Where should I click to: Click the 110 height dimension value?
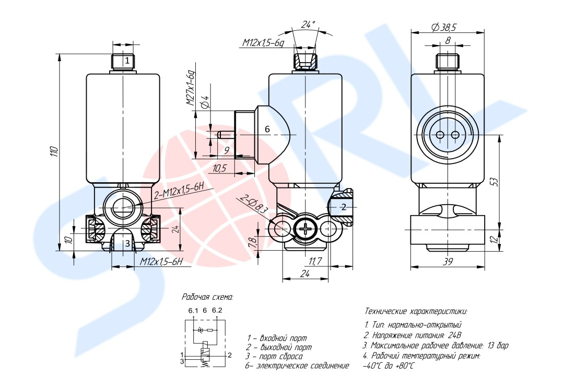[53, 152]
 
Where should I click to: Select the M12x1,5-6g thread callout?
[263, 43]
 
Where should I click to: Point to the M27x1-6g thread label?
[191, 88]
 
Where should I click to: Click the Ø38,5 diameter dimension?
[444, 28]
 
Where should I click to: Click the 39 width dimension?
[448, 262]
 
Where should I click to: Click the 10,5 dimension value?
[220, 168]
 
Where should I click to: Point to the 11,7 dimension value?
[315, 261]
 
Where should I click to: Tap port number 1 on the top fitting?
[127, 61]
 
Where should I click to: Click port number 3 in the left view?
[127, 243]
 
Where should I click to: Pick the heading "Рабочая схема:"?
[207, 297]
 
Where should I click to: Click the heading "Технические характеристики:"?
[416, 311]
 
